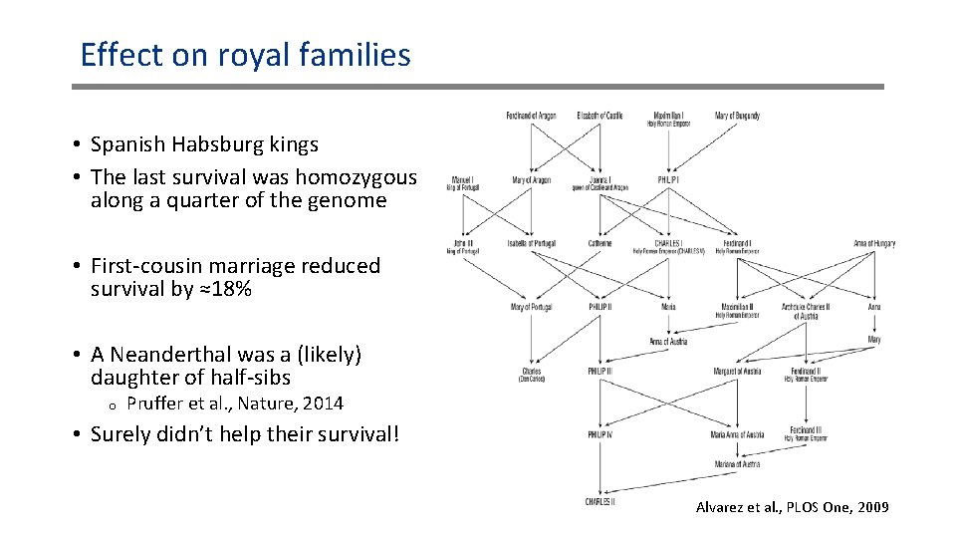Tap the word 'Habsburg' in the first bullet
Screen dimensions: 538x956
click(x=205, y=144)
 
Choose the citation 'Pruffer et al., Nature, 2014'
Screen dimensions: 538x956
click(x=235, y=403)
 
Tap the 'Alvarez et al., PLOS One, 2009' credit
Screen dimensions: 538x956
click(x=792, y=508)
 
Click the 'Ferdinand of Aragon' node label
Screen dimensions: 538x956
click(x=530, y=116)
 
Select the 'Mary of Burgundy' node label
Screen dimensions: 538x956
click(x=737, y=116)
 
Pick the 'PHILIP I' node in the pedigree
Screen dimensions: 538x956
click(x=668, y=180)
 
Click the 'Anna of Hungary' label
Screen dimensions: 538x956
click(x=874, y=243)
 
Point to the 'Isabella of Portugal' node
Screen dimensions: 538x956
click(x=531, y=243)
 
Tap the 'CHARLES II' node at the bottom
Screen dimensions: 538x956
click(x=599, y=501)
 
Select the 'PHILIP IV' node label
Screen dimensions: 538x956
click(x=599, y=434)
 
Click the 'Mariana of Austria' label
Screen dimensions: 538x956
click(x=737, y=464)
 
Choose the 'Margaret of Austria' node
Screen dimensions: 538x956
click(x=737, y=371)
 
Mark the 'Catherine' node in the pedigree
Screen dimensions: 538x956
click(x=599, y=243)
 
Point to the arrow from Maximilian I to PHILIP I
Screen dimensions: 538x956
click(x=668, y=149)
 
